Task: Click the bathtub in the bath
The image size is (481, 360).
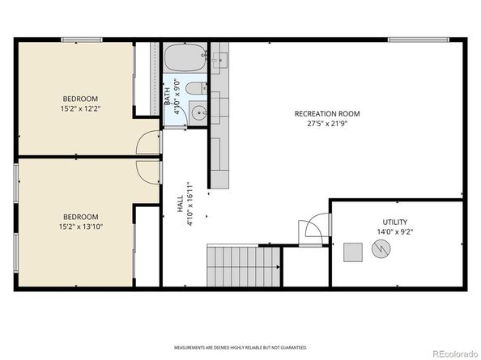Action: tap(185, 59)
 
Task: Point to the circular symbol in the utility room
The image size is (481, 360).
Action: tap(380, 252)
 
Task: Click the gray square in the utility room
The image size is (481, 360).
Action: tap(352, 252)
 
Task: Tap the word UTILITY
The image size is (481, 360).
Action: tap(395, 222)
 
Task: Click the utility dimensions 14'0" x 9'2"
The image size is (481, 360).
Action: tap(395, 233)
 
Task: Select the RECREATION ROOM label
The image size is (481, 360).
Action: tap(327, 114)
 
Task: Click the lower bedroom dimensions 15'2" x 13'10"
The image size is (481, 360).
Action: tap(81, 227)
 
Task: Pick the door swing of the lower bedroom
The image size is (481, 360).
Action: tap(148, 172)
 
